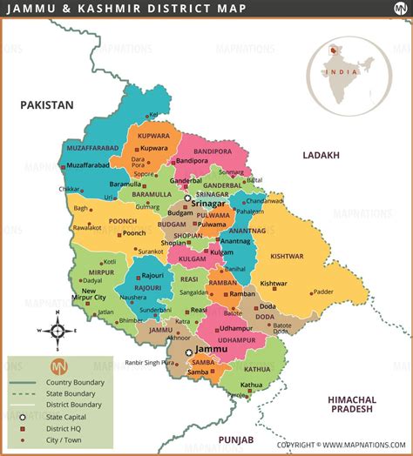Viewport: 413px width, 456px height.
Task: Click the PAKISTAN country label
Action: (x=48, y=104)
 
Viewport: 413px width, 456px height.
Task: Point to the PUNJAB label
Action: (x=235, y=439)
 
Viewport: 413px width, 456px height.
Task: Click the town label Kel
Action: (x=154, y=114)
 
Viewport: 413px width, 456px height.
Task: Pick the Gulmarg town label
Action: (x=147, y=207)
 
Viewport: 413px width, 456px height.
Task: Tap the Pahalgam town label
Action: (x=250, y=211)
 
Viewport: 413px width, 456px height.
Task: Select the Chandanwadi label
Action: (x=265, y=200)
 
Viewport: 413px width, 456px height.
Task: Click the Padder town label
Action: (x=323, y=292)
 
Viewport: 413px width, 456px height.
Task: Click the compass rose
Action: (x=56, y=332)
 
